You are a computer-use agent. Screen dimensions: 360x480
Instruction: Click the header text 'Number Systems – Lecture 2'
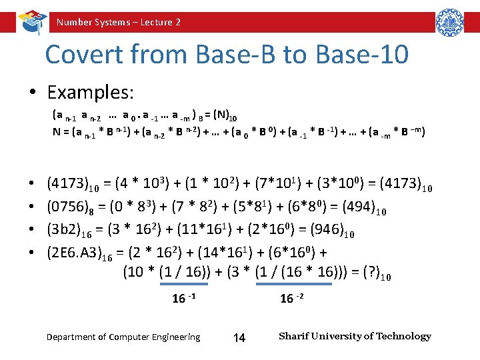[x=118, y=22]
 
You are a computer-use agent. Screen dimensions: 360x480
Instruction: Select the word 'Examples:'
[x=91, y=91]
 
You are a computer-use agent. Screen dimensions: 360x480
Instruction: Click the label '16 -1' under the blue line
[x=184, y=298]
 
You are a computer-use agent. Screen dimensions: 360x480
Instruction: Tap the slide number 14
[x=239, y=338]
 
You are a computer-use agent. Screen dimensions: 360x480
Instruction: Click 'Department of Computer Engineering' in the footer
[x=123, y=337]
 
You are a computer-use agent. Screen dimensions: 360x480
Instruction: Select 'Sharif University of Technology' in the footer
[x=355, y=336]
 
